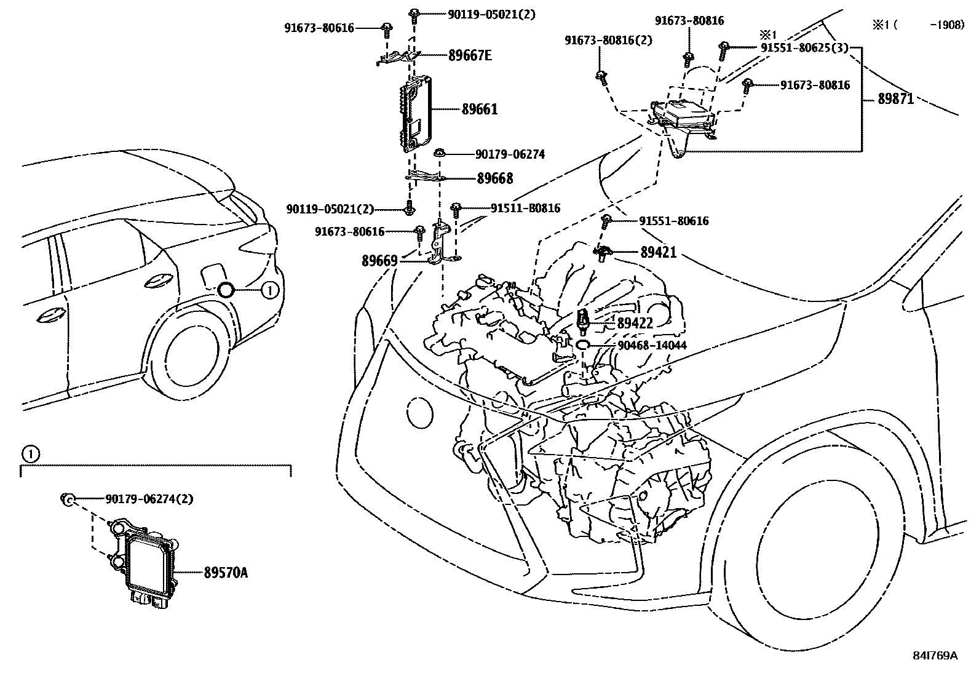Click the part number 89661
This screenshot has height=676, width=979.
480,109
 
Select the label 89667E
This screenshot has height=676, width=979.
470,55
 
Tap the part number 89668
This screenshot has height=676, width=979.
495,178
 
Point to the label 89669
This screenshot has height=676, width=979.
379,261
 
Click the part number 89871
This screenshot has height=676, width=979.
895,99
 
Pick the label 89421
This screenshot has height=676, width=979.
658,252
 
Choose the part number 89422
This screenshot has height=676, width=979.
635,323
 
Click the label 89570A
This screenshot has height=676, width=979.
226,573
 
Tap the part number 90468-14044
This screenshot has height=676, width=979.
652,346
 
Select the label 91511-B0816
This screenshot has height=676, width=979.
525,208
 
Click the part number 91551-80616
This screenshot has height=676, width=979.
673,221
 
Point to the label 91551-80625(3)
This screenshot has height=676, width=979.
804,47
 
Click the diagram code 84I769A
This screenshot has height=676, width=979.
935,656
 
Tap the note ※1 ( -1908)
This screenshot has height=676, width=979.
918,25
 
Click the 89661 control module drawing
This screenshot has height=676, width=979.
416,114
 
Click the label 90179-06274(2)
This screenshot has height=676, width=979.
149,499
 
